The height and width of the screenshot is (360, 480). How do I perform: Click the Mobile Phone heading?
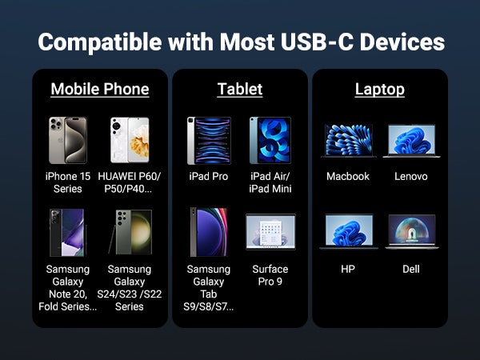[x=100, y=89]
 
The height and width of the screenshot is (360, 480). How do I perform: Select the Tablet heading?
[x=240, y=89]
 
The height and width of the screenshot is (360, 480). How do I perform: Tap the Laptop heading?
[x=379, y=89]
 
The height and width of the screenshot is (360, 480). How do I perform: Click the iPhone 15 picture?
[x=68, y=140]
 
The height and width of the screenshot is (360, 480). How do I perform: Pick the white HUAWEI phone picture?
[x=130, y=140]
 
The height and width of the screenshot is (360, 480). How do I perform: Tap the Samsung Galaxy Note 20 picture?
[x=68, y=233]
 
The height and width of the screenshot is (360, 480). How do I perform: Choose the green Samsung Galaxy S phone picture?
[x=130, y=232]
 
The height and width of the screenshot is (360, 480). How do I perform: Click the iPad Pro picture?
[x=209, y=141]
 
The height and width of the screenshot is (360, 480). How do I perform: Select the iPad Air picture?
[x=270, y=140]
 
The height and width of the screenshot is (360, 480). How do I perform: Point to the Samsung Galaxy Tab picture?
[x=209, y=232]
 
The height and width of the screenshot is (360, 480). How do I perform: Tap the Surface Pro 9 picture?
[x=270, y=232]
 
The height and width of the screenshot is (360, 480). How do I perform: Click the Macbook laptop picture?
[x=349, y=141]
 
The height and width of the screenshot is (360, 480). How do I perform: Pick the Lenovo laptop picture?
[x=411, y=141]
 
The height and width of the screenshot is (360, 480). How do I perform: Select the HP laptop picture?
[x=349, y=231]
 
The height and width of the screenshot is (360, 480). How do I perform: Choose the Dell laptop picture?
[x=412, y=231]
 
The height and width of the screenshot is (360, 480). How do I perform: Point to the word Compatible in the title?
[x=100, y=42]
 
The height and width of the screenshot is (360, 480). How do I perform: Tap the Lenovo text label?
[x=411, y=176]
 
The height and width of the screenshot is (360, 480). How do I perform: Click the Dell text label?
[x=411, y=269]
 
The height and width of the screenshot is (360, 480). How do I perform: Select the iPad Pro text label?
[x=209, y=176]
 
